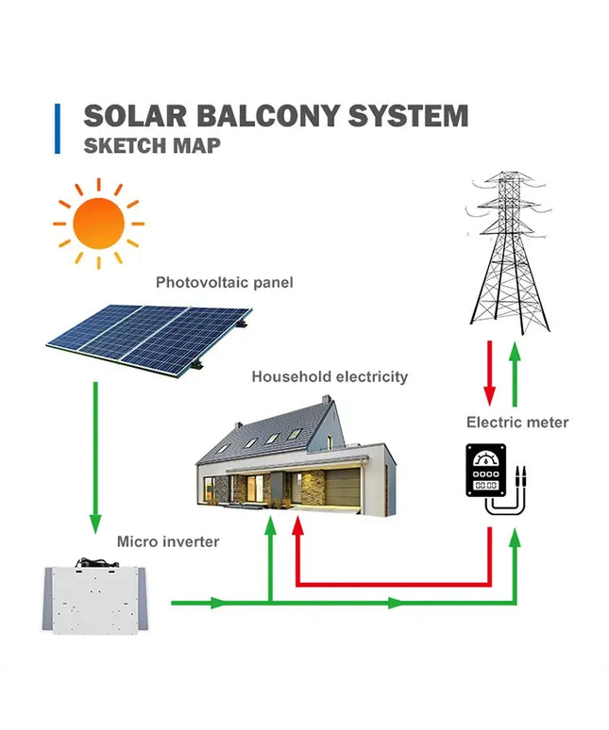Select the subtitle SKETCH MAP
152,146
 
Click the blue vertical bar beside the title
58,128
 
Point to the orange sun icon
98,224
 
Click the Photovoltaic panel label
225,282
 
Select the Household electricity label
330,376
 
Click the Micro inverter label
168,541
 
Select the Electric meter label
517,422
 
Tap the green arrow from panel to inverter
94,453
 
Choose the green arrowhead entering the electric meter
516,537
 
